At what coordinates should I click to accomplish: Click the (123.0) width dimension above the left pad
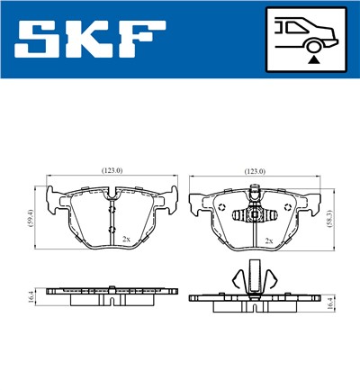point(112,170)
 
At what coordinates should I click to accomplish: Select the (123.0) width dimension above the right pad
point(257,170)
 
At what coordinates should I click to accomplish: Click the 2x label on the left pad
point(126,239)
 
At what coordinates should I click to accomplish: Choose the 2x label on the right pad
point(270,240)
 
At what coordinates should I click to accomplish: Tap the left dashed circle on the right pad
point(221,207)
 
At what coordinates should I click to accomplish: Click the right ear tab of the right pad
point(316,195)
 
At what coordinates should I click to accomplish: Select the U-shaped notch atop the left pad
point(112,193)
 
